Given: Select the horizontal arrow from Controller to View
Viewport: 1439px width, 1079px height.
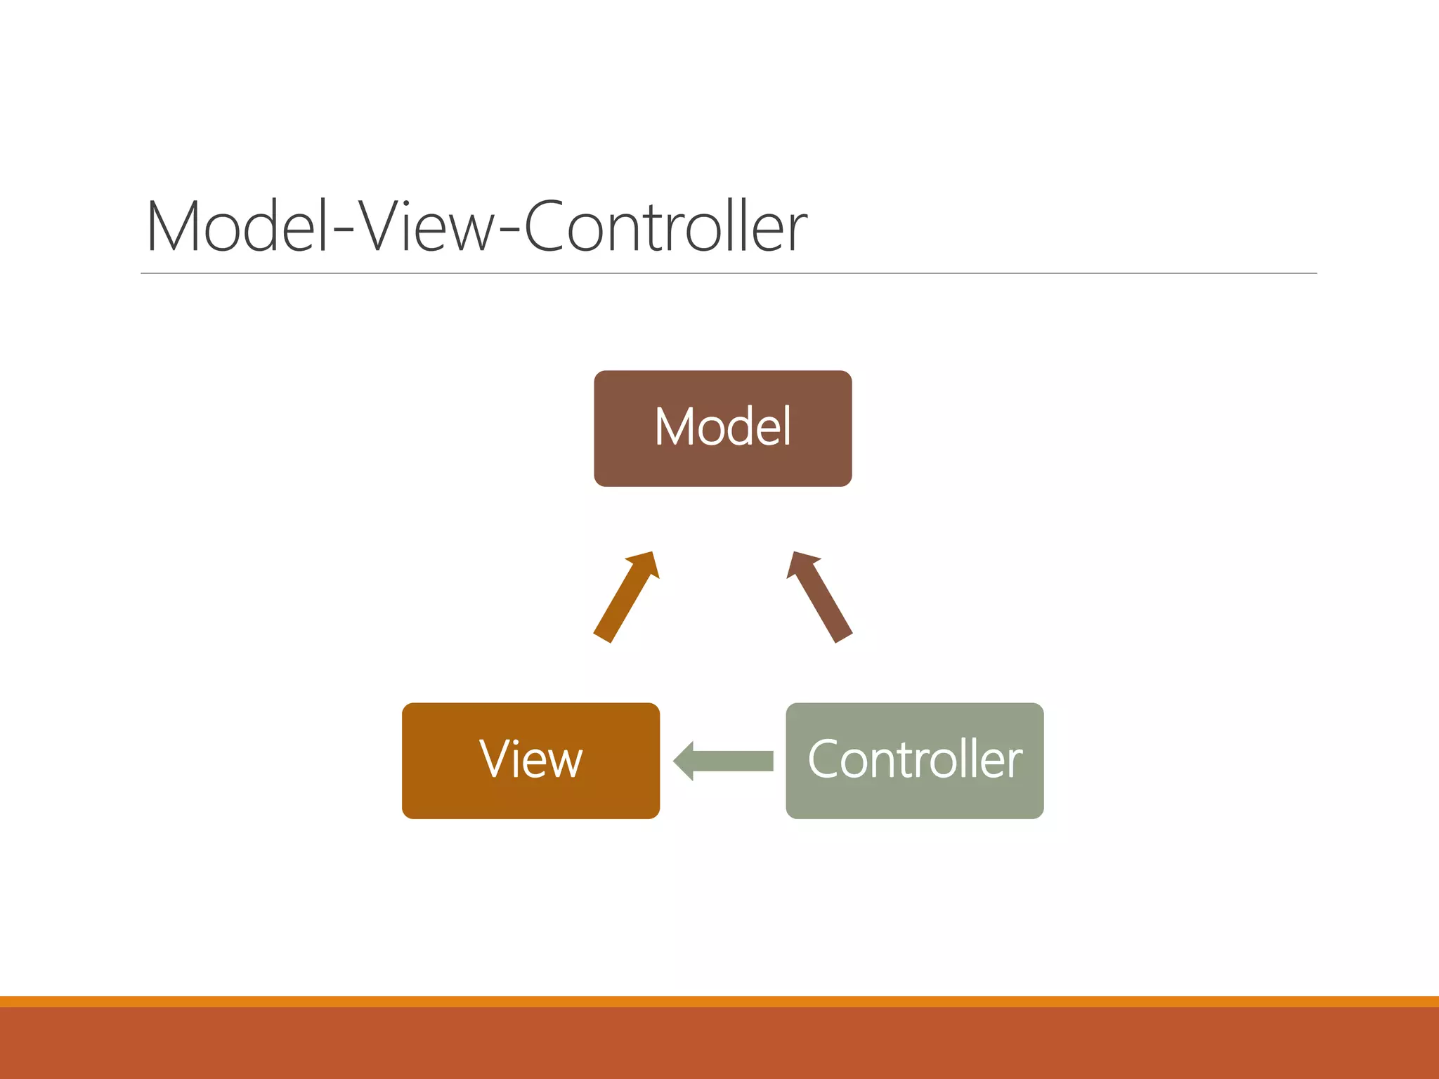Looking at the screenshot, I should [x=731, y=761].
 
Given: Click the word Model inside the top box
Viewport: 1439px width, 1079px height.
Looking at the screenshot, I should [x=722, y=426].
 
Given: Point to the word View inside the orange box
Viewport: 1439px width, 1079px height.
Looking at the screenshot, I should [x=530, y=759].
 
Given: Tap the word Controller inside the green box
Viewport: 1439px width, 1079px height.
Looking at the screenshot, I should [x=914, y=759].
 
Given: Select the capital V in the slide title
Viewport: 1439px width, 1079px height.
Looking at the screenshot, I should [x=384, y=226].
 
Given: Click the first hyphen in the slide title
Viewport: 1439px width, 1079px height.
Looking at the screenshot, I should [x=343, y=233].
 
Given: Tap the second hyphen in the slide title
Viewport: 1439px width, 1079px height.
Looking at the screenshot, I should [x=511, y=233].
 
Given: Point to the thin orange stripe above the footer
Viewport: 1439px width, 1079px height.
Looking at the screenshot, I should [x=719, y=1001].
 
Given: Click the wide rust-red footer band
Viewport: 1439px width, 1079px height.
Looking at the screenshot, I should [x=719, y=1043].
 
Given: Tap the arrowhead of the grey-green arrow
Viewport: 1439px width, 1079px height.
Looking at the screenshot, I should [x=684, y=761].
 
